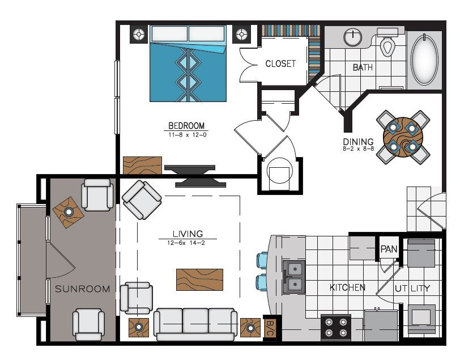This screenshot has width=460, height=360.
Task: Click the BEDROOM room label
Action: (x=186, y=125)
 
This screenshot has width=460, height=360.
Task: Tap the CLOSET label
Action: (x=280, y=63)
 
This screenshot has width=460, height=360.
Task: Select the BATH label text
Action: (x=363, y=67)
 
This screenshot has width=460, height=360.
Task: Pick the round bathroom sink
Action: (x=352, y=37)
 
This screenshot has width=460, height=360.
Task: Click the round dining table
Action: (x=403, y=136)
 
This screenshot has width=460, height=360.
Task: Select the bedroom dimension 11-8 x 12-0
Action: (x=186, y=135)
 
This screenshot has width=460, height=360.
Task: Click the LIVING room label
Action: (x=188, y=234)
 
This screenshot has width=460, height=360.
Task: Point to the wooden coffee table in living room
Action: (x=199, y=279)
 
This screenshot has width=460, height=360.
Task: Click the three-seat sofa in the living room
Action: (x=195, y=324)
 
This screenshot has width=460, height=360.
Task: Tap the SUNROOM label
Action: (x=82, y=289)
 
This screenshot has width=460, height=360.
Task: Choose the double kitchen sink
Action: (x=293, y=276)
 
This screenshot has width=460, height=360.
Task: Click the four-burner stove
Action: (x=335, y=327)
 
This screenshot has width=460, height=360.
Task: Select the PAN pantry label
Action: (x=388, y=249)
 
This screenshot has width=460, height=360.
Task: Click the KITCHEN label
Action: (x=347, y=287)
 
